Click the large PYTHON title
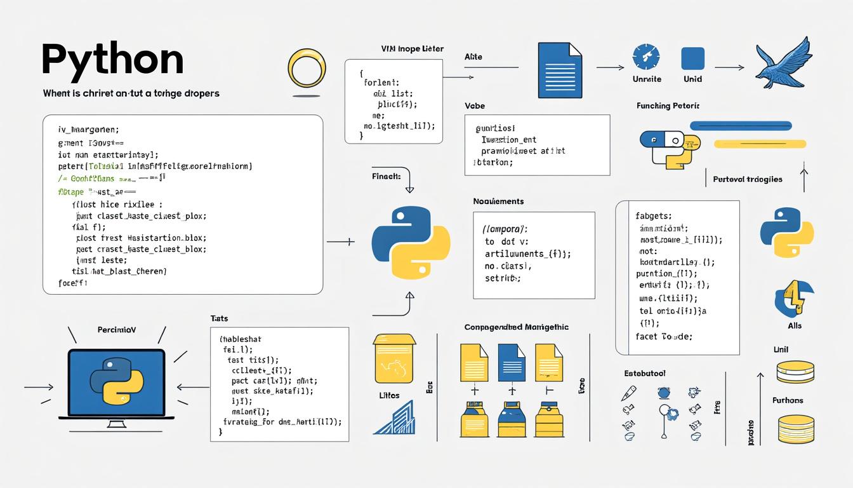(112, 60)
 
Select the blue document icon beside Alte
(559, 67)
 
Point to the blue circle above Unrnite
(646, 58)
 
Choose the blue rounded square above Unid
(693, 58)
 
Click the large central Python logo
(411, 242)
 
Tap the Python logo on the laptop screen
(116, 381)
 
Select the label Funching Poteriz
(671, 105)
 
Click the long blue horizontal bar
(740, 126)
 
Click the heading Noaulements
(498, 201)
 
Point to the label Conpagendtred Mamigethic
(516, 327)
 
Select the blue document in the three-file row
(511, 363)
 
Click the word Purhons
(788, 400)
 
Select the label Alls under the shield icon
(794, 326)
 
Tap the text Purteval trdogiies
(748, 179)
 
